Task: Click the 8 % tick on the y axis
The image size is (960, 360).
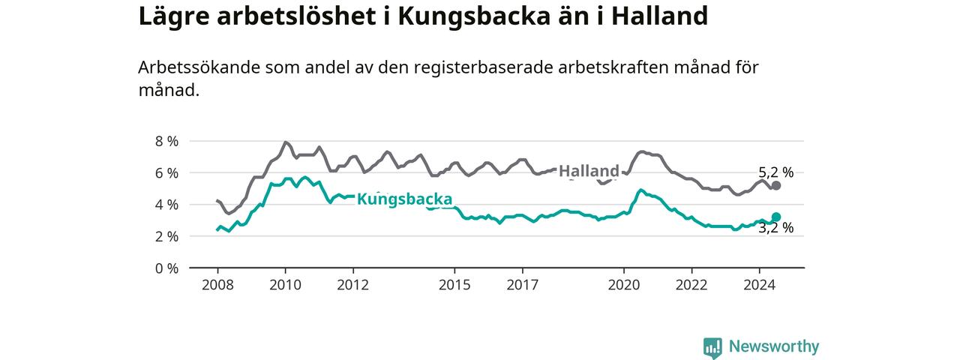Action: [166, 142]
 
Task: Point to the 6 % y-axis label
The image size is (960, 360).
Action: [166, 173]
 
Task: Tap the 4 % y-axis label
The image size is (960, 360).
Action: [166, 205]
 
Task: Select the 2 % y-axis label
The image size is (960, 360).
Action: [166, 236]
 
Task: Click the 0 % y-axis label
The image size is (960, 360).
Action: [166, 268]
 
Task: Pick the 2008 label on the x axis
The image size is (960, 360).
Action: [217, 285]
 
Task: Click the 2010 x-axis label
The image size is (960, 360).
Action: [286, 285]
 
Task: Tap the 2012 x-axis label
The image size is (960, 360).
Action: [352, 285]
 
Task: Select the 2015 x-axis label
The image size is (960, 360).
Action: [454, 285]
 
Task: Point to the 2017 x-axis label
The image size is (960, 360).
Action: [522, 285]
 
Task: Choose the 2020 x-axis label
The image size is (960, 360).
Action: [623, 285]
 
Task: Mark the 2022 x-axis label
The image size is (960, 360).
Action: [691, 285]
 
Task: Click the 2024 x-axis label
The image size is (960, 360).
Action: [760, 285]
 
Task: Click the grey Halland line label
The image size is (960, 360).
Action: [589, 171]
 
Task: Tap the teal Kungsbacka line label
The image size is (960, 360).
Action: [404, 199]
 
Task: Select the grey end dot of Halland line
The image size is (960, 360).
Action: [775, 185]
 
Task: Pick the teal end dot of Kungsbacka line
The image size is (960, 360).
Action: [775, 217]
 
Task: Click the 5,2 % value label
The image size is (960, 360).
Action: [775, 172]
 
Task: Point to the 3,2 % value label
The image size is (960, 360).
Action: [775, 227]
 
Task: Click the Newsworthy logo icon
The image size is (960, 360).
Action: [712, 347]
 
